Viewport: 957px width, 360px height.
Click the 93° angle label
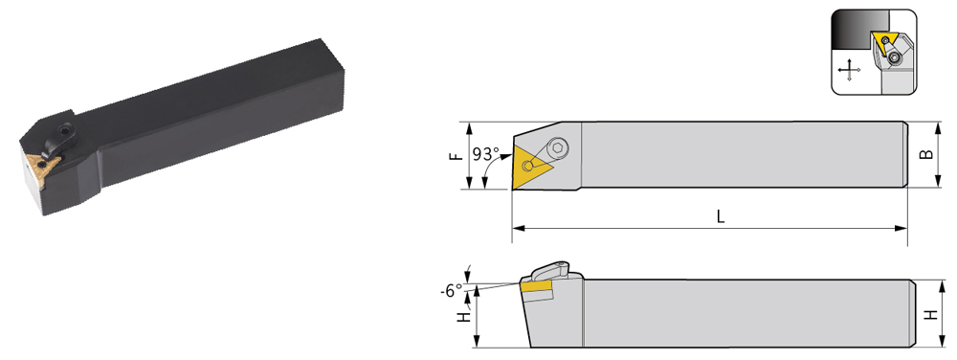pyautogui.click(x=486, y=154)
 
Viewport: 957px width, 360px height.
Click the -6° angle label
pyautogui.click(x=451, y=292)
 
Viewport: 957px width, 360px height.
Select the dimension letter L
pyautogui.click(x=721, y=216)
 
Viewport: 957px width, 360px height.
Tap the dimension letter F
pyautogui.click(x=455, y=156)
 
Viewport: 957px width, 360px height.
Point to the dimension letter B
pyautogui.click(x=926, y=154)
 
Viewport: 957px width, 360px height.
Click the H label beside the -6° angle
pyautogui.click(x=464, y=317)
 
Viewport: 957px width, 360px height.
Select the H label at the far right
pyautogui.click(x=931, y=315)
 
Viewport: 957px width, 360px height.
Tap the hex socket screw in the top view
pyautogui.click(x=557, y=148)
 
